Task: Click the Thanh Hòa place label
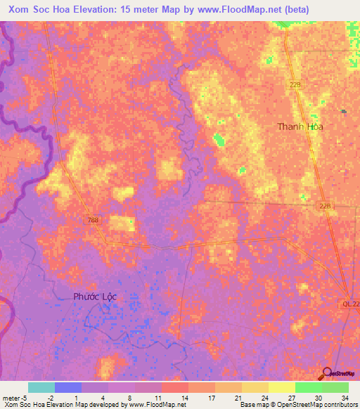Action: (x=300, y=127)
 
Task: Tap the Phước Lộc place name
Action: (x=95, y=297)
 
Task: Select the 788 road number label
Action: (x=94, y=221)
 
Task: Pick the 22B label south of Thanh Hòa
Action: (x=324, y=205)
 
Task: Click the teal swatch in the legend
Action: (x=41, y=387)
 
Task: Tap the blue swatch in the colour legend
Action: (x=68, y=387)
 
